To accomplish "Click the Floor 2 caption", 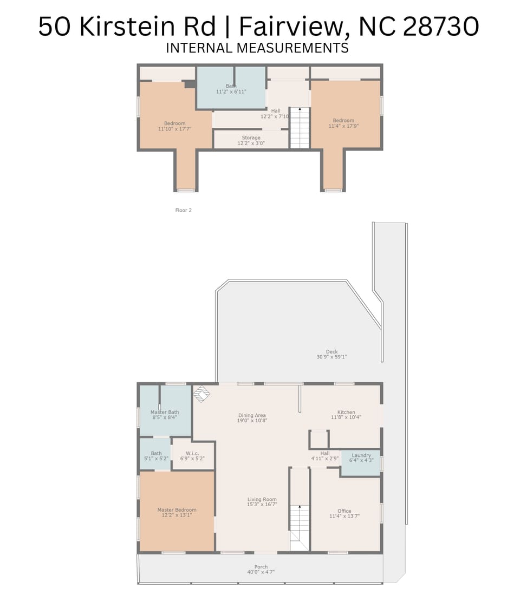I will pyautogui.click(x=183, y=210).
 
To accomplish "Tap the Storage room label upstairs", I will pyautogui.click(x=251, y=138).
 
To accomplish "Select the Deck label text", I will pyautogui.click(x=331, y=352).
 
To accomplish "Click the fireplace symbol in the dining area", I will pyautogui.click(x=201, y=394).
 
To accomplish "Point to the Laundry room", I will pyautogui.click(x=361, y=458).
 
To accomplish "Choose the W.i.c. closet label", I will pyautogui.click(x=192, y=454).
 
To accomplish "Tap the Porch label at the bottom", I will pyautogui.click(x=261, y=567).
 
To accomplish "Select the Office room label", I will pyautogui.click(x=344, y=511).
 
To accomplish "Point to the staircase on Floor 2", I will pyautogui.click(x=300, y=128).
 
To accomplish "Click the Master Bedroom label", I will pyautogui.click(x=177, y=510).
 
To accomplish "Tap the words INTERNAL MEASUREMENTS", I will pyautogui.click(x=257, y=48).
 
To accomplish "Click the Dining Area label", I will pyautogui.click(x=252, y=416).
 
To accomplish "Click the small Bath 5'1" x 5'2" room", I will pyautogui.click(x=156, y=456).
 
